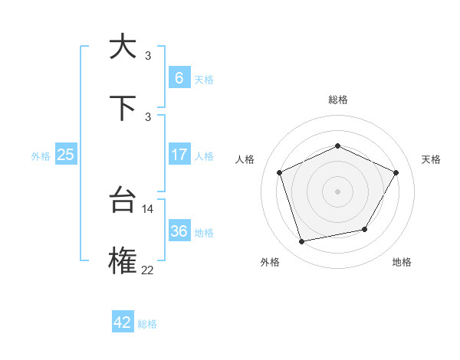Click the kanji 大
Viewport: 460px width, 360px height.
123,47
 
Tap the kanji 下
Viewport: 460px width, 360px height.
123,108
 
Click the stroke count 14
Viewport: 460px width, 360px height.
148,208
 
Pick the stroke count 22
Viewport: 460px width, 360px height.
148,269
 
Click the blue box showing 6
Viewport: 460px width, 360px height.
179,77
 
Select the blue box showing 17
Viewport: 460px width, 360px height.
179,154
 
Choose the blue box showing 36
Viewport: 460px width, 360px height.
179,231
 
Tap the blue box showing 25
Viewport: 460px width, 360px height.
65,155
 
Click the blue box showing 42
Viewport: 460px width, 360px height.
123,322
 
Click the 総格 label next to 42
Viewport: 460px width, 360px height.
147,324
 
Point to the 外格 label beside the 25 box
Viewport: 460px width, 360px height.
41,156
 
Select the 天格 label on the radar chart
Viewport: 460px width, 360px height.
431,159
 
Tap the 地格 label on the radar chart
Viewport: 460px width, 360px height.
402,262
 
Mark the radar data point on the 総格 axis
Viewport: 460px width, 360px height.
337,146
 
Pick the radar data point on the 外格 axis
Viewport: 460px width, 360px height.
302,242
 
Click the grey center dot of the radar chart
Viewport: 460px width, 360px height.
337,191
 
